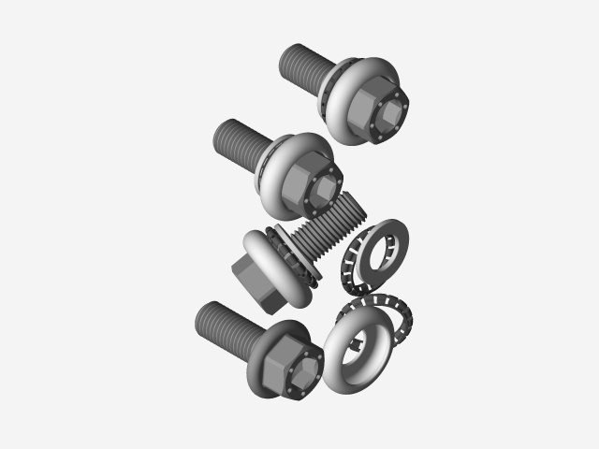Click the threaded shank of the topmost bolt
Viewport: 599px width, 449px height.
[304, 65]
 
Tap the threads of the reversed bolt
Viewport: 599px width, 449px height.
[332, 224]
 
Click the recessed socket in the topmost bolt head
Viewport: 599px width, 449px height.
[392, 113]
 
